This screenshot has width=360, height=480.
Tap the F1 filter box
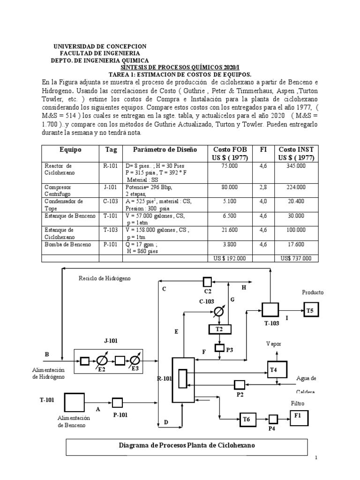pyautogui.click(x=299, y=415)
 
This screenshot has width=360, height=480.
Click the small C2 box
pyautogui.click(x=207, y=282)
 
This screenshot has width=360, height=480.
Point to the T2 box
pyautogui.click(x=219, y=330)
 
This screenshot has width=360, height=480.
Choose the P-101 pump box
pyautogui.click(x=117, y=402)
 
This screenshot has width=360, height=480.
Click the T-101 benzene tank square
pyautogui.click(x=75, y=401)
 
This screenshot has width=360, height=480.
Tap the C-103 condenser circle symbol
pyautogui.click(x=218, y=311)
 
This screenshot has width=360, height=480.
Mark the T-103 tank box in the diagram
pyautogui.click(x=270, y=310)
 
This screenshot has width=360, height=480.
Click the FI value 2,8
pyautogui.click(x=263, y=187)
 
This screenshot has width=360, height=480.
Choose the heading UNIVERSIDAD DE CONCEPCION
pyautogui.click(x=100, y=46)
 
